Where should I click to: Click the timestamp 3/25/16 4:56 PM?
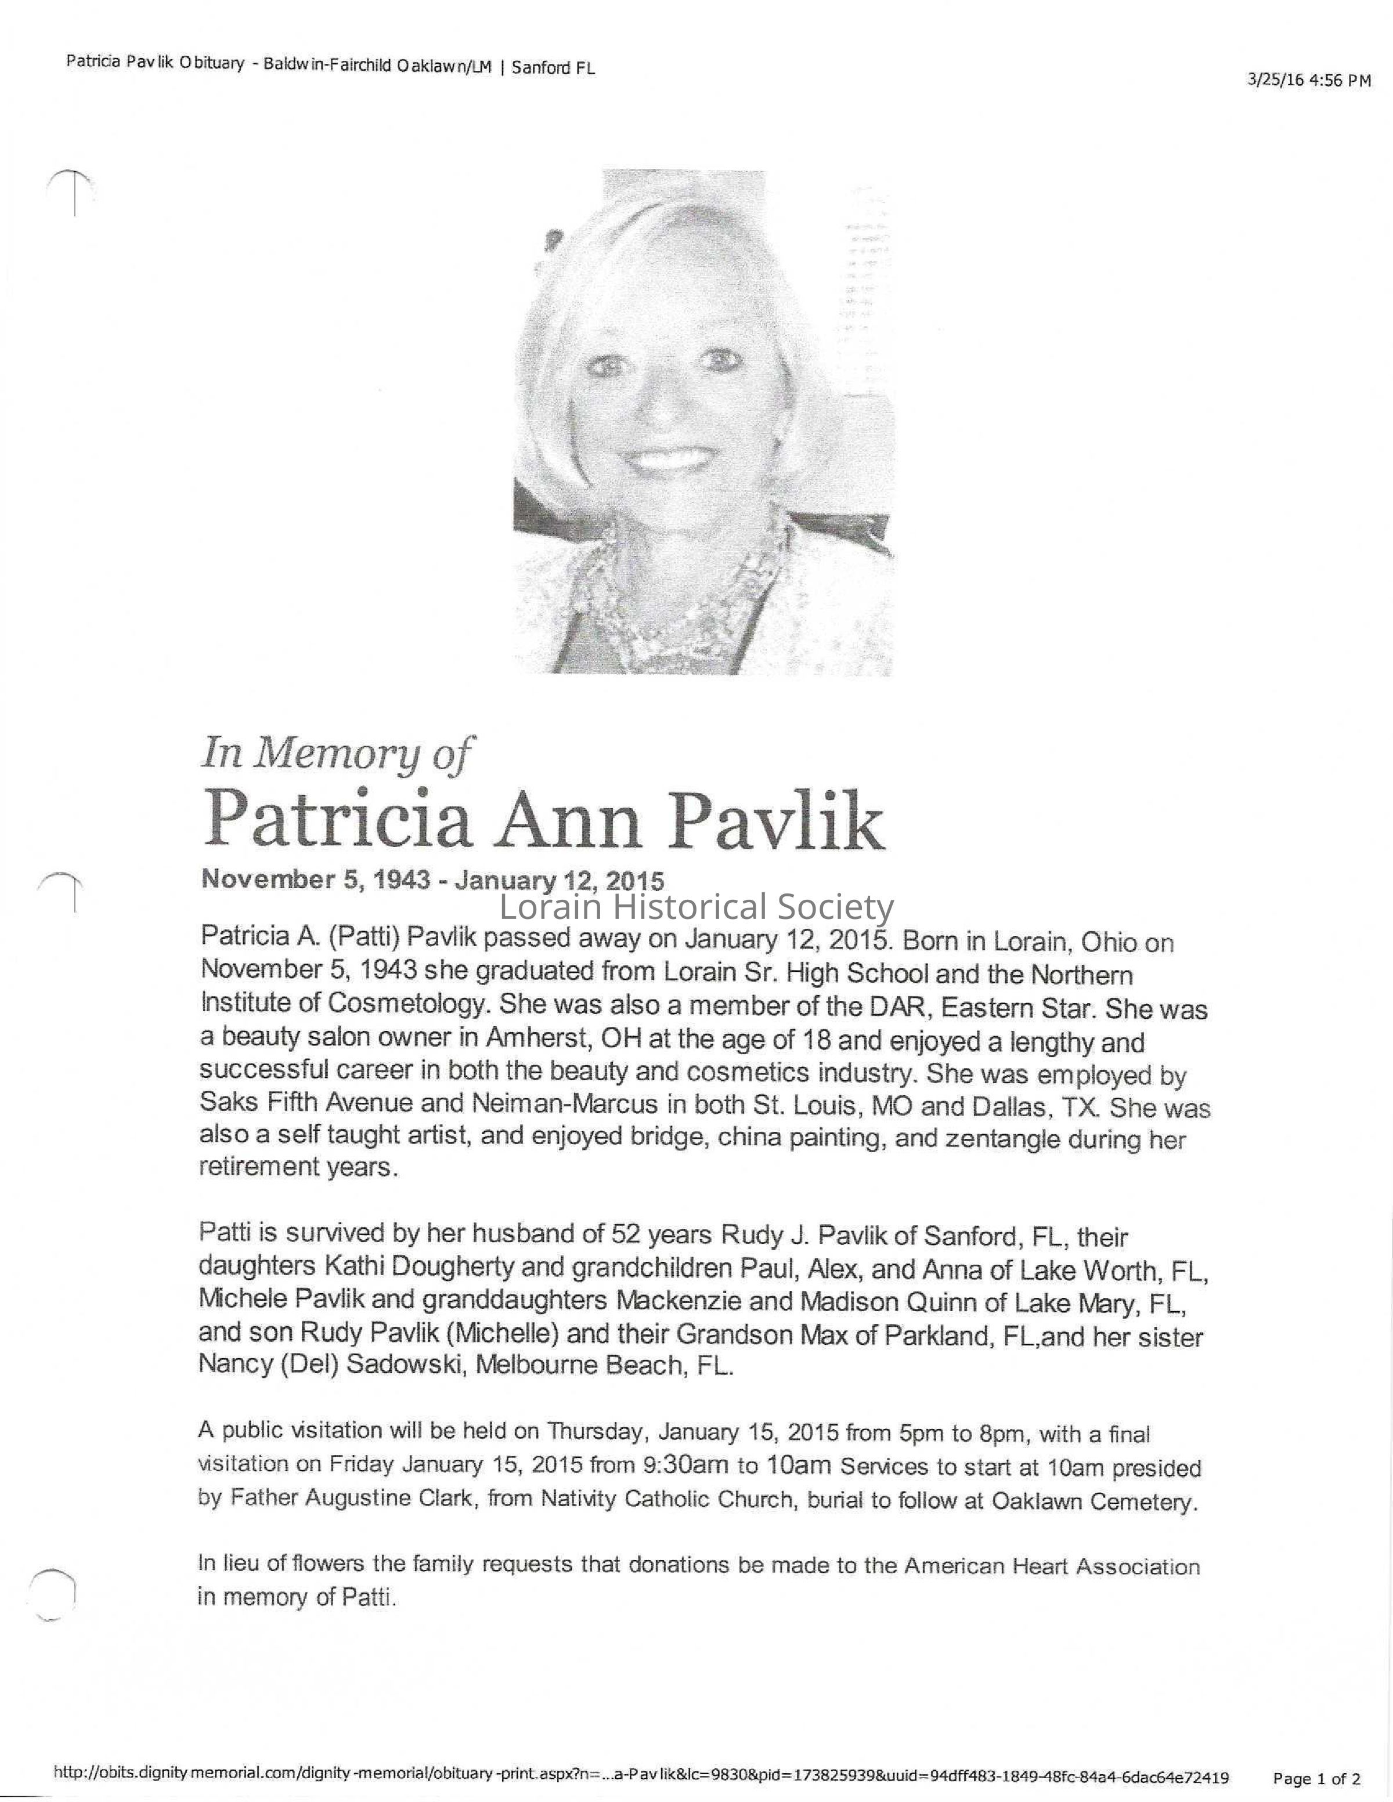[1309, 80]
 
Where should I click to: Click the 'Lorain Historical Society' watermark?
[697, 907]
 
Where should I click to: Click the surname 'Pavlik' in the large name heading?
[775, 821]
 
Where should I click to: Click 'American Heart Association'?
[1051, 1566]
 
